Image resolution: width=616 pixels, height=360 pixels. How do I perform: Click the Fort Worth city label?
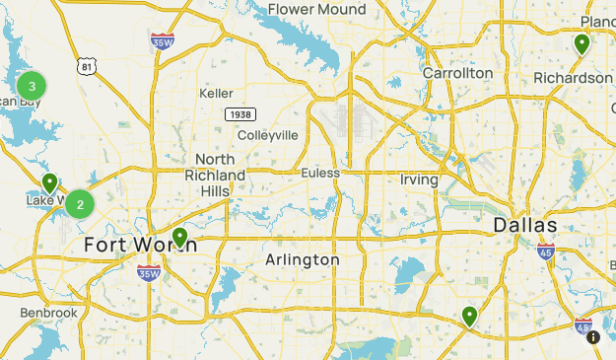(140, 244)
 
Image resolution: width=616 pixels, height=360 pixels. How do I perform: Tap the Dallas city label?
(525, 226)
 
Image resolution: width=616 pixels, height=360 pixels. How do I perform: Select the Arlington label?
(303, 259)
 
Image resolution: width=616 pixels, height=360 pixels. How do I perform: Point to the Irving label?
(419, 180)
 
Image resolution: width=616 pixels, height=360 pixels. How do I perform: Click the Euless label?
(320, 173)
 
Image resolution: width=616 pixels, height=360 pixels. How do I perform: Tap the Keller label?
(216, 93)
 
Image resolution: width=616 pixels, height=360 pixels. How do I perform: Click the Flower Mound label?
(316, 10)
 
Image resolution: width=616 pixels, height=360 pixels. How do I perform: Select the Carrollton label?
(457, 73)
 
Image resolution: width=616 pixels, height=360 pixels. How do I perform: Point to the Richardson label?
(573, 78)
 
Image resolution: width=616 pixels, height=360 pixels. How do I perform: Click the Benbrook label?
(49, 313)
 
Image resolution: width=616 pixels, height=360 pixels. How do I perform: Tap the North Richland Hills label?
(215, 175)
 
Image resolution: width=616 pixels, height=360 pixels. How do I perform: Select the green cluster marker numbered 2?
(80, 205)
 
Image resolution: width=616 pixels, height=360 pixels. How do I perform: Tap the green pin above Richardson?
(582, 44)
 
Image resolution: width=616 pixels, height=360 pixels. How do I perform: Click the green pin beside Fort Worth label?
(180, 237)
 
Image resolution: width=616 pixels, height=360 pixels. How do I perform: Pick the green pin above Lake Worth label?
(49, 182)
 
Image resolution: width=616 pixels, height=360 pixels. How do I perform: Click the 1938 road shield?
(240, 114)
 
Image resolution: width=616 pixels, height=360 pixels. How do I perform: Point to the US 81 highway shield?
(89, 67)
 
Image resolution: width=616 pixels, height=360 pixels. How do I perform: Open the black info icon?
(593, 337)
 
